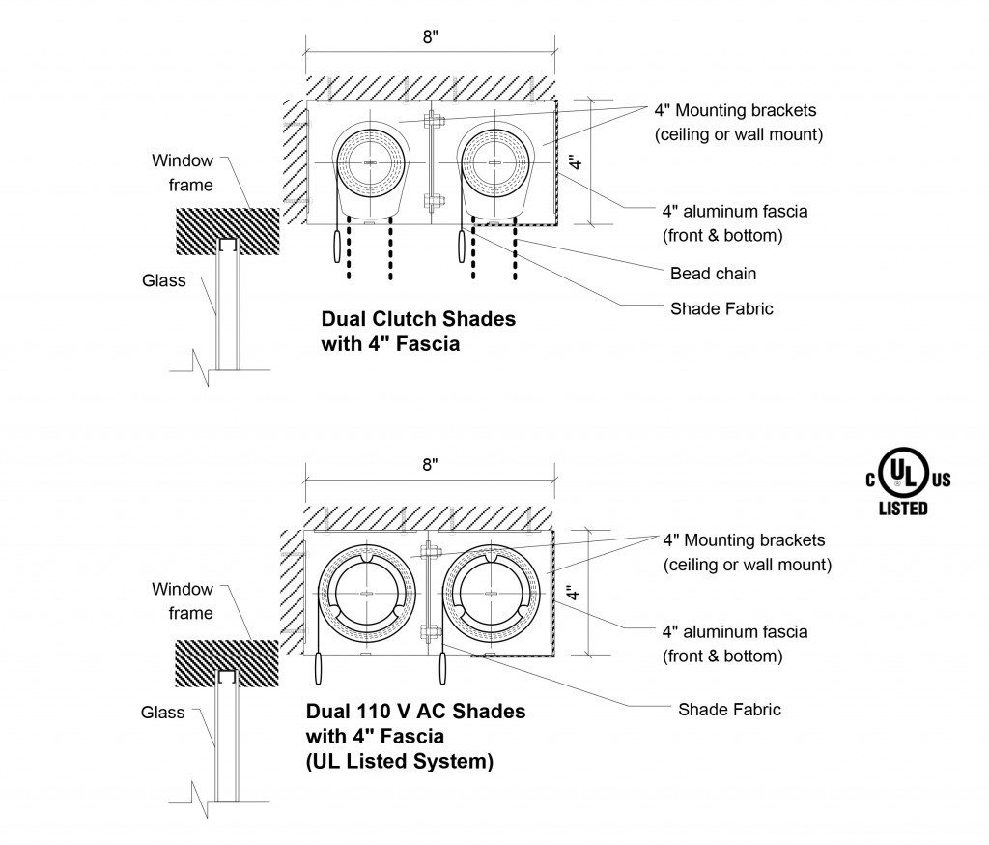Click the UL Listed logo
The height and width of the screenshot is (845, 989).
(908, 481)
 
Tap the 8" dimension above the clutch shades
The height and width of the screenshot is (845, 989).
(430, 37)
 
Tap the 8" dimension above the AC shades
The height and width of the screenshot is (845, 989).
(430, 465)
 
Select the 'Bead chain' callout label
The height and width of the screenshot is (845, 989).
(713, 274)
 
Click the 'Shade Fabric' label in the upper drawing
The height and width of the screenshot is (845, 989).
(721, 308)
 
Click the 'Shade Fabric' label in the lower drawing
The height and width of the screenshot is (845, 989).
(730, 710)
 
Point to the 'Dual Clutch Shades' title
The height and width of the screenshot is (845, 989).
(418, 318)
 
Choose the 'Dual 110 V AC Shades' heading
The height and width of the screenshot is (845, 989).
(415, 712)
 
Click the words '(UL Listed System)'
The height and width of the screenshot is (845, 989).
(400, 761)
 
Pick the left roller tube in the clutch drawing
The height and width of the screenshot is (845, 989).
(368, 163)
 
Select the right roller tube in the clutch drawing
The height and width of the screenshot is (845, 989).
(495, 163)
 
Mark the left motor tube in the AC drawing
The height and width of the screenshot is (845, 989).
(366, 594)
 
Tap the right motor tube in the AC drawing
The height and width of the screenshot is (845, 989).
(491, 594)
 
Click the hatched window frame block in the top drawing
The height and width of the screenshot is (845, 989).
(227, 231)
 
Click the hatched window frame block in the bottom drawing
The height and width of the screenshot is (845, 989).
(226, 663)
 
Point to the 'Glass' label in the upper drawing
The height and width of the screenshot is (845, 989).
(164, 280)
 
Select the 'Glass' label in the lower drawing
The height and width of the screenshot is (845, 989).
(162, 713)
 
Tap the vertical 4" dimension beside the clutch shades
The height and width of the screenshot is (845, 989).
(576, 162)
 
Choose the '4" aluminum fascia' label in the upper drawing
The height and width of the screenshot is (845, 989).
(735, 211)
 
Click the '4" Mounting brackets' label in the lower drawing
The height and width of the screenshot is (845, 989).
(744, 540)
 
